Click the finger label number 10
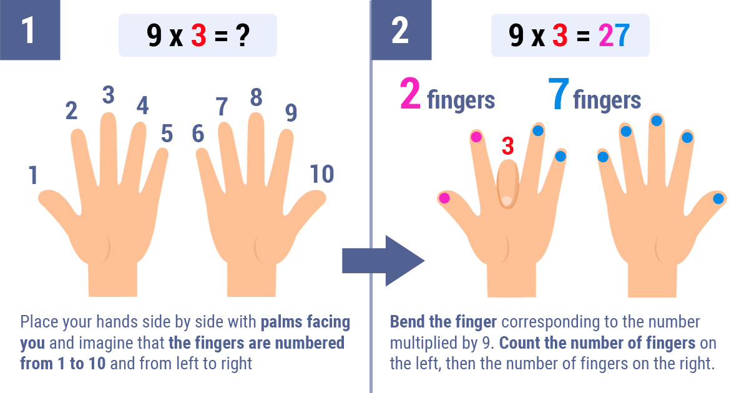(321, 174)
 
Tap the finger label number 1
(32, 175)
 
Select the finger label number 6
(198, 133)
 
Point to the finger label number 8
(256, 97)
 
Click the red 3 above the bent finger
(507, 146)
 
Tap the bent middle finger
(507, 184)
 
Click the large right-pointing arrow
(383, 261)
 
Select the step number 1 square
(30, 30)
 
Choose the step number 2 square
(401, 30)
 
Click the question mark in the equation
(243, 35)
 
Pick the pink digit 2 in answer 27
(606, 35)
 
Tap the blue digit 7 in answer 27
(623, 35)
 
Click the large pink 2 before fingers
(410, 94)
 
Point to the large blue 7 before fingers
(559, 94)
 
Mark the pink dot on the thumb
(444, 198)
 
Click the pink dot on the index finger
(476, 137)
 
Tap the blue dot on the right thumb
(718, 199)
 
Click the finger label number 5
(167, 133)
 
